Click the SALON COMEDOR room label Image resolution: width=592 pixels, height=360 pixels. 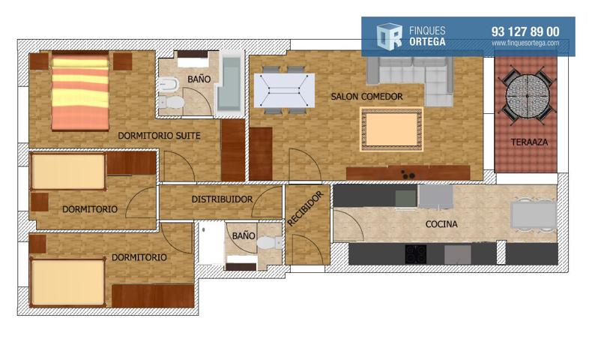pos(366,97)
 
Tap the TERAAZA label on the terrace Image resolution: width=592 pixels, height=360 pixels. pos(529,142)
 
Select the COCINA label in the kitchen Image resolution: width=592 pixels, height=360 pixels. pos(441,224)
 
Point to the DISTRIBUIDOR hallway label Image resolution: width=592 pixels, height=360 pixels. pos(222,199)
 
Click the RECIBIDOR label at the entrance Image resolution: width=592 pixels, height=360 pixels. pos(305,209)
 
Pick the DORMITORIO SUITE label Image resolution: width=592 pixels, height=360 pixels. pos(159,136)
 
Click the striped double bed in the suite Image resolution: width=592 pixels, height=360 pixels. pos(80,93)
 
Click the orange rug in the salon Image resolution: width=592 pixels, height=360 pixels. pos(391,129)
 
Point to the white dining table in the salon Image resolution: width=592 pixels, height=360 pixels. pos(284,91)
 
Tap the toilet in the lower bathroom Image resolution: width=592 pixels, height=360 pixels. pos(269,242)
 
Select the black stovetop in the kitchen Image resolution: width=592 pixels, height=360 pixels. pos(416,254)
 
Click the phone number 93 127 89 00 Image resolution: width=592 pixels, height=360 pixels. pos(525,31)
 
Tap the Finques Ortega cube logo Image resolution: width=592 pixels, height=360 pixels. pos(389,36)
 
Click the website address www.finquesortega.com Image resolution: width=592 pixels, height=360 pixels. pos(525,43)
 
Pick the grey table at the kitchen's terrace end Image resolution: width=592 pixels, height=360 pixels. pos(534,214)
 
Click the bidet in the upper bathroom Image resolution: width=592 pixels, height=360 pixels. pos(169,84)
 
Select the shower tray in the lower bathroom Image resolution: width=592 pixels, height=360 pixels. pos(211,244)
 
